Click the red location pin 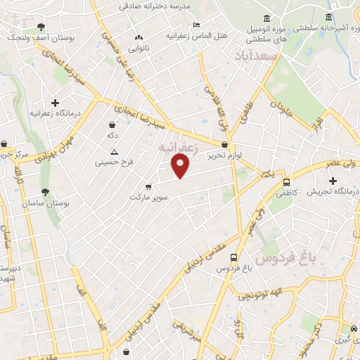pyautogui.click(x=181, y=165)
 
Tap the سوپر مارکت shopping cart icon pyautogui.click(x=148, y=186)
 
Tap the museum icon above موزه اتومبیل pyautogui.click(x=266, y=18)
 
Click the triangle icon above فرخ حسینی pyautogui.click(x=114, y=152)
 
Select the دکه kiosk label pyautogui.click(x=110, y=134)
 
